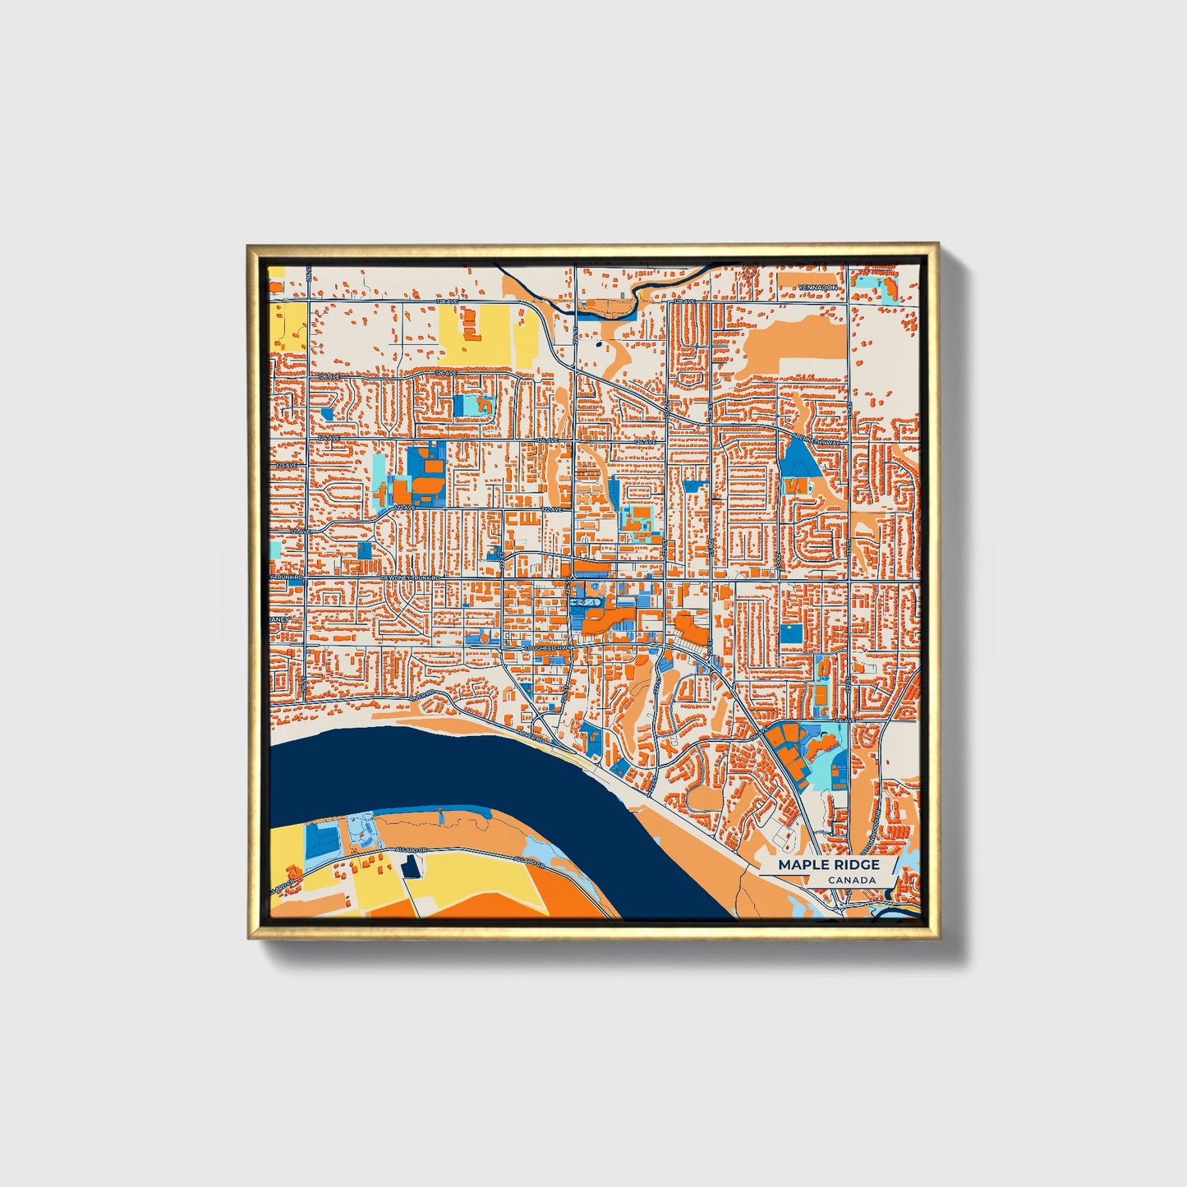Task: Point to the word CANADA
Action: pyautogui.click(x=851, y=881)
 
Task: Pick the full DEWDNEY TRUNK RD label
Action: pyautogui.click(x=412, y=579)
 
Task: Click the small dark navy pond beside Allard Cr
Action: pyautogui.click(x=411, y=864)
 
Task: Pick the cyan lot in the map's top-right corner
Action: pyautogui.click(x=866, y=284)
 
